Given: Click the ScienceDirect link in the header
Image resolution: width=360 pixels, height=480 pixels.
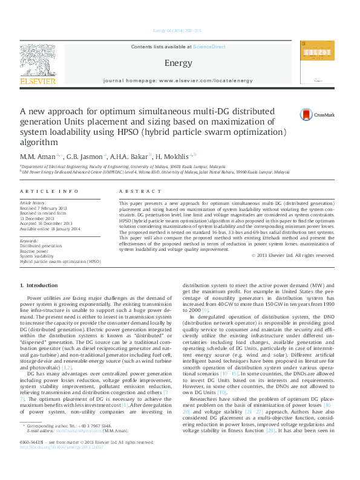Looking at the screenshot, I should point(209,47).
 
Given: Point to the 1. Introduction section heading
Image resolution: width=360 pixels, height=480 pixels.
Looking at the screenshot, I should point(39,285).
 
